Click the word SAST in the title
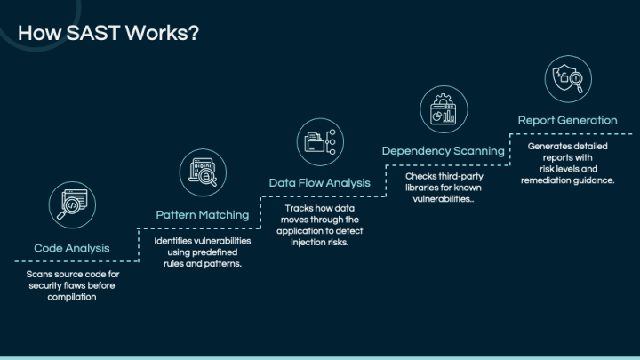(92, 33)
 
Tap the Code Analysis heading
(72, 248)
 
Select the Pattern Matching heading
(203, 215)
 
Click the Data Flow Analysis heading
(320, 183)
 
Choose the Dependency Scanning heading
(444, 151)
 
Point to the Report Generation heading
(567, 120)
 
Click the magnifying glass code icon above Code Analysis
(72, 205)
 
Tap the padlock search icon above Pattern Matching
(203, 172)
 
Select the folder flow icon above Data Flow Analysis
(320, 142)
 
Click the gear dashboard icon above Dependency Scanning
(444, 109)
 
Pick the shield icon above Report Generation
(568, 79)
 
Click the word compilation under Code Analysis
(72, 297)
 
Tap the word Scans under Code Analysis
(38, 275)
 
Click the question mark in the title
(194, 33)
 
